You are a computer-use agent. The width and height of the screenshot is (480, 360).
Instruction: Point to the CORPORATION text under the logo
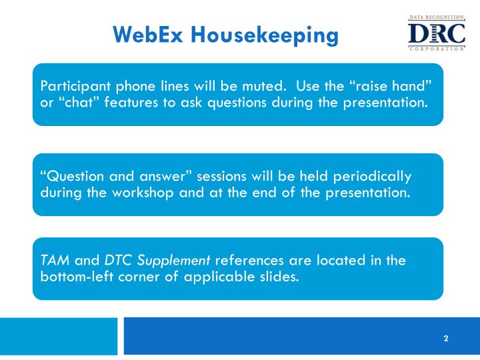(x=437, y=49)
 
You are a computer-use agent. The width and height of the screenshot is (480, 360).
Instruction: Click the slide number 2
(x=446, y=339)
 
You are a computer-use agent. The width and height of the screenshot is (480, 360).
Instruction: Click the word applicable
(x=215, y=277)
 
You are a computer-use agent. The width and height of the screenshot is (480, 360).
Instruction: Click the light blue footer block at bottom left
(x=59, y=336)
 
